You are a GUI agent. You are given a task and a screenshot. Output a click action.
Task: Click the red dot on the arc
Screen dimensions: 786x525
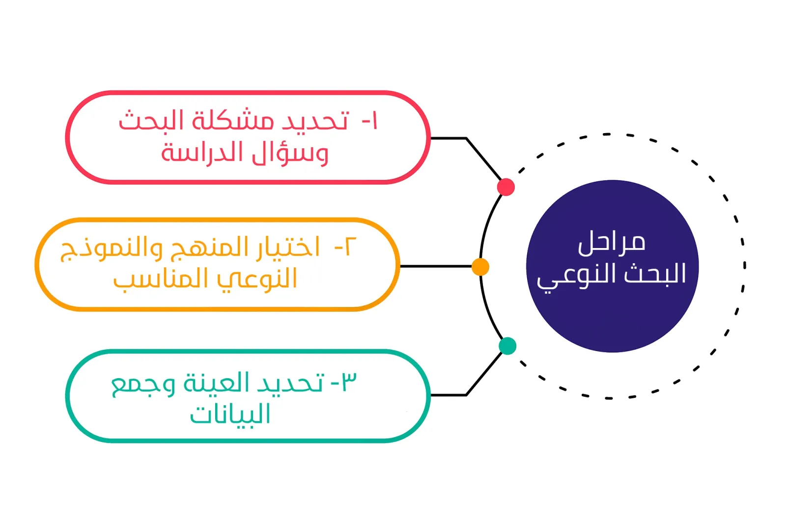click(505, 187)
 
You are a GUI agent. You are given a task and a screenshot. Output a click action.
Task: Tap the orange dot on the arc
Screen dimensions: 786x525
click(480, 267)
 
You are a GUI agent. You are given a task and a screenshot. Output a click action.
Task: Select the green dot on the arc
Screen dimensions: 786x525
click(507, 346)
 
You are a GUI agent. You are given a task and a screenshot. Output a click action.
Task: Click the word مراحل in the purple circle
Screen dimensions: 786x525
click(612, 243)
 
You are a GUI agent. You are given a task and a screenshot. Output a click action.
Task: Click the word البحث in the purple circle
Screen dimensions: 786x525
click(655, 273)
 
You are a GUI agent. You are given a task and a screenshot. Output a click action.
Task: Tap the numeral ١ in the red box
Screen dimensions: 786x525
click(374, 121)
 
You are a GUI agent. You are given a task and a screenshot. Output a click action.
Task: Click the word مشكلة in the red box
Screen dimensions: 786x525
click(233, 120)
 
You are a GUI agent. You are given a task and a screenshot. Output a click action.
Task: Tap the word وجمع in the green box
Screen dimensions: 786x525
click(143, 385)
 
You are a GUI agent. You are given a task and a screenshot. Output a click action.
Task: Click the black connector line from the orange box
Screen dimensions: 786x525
click(436, 267)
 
